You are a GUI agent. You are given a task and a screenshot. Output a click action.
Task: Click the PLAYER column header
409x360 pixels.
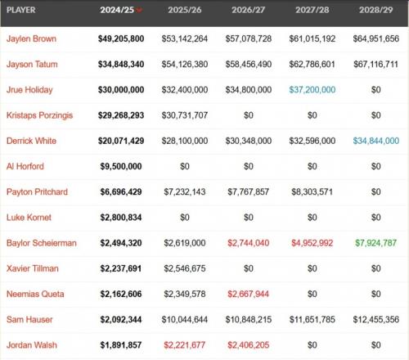(21, 10)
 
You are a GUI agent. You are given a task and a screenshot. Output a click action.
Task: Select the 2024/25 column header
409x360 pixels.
(117, 10)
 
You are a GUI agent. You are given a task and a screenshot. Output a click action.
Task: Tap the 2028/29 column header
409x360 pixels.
(376, 10)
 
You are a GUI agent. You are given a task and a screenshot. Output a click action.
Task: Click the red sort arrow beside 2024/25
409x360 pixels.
(139, 11)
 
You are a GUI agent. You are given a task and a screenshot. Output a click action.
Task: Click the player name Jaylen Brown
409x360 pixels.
(31, 38)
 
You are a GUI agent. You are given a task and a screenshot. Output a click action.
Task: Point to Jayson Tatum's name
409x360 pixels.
(32, 65)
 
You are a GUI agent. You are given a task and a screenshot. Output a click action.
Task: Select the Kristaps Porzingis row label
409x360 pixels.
(39, 115)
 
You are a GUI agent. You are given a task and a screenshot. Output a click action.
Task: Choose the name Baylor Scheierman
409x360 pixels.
(42, 243)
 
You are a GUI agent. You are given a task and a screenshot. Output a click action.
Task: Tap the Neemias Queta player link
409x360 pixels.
(35, 294)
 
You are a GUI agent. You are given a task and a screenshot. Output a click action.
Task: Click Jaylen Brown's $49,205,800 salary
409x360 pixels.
(121, 38)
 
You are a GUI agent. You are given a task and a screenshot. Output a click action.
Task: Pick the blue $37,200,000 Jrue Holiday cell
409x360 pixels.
(312, 90)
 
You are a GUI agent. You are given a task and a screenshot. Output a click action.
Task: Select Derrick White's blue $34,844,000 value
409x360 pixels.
(376, 141)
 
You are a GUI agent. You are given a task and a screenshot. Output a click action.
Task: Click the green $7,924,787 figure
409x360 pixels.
(376, 243)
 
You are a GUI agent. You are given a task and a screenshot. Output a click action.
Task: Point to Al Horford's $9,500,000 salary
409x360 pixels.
(121, 166)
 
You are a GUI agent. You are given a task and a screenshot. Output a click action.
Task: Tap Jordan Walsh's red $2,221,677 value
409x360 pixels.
(185, 345)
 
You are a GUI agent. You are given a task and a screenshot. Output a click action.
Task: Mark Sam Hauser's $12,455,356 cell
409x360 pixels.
(376, 319)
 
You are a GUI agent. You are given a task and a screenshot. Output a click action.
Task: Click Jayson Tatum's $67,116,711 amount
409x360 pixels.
(376, 65)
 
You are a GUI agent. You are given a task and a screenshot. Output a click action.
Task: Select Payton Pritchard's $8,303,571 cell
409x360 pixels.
(312, 192)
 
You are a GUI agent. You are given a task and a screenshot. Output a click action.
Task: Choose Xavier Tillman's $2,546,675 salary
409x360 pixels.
(185, 268)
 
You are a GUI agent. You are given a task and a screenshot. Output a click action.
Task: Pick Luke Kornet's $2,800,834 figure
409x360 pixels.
(121, 218)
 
